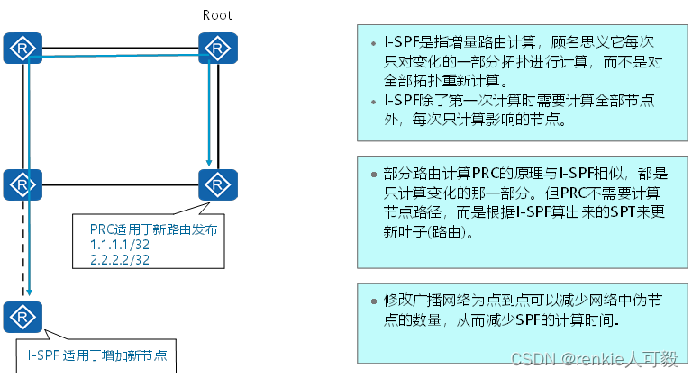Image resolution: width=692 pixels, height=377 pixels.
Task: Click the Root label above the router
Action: tap(217, 14)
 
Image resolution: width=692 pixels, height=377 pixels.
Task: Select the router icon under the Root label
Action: tap(217, 47)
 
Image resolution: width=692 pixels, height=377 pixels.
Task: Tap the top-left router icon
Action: tap(19, 47)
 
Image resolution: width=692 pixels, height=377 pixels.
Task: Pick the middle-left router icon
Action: tap(19, 184)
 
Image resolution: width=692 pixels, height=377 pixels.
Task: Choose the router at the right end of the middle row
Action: tap(217, 184)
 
